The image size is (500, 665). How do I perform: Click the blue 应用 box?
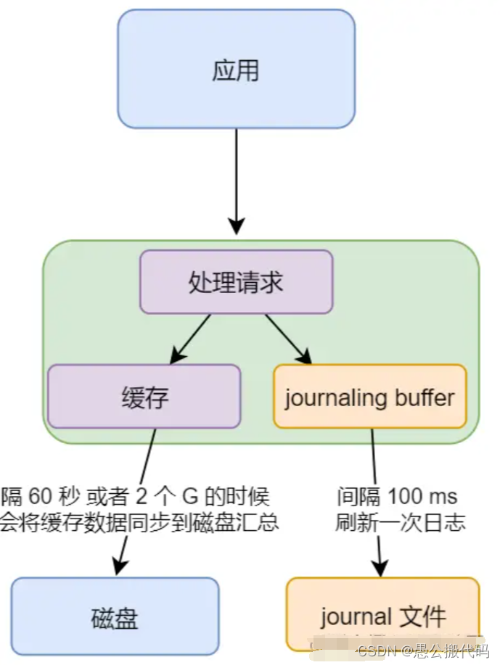pyautogui.click(x=236, y=70)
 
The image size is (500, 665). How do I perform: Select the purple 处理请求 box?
pyautogui.click(x=236, y=282)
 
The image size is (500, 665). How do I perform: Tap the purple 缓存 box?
pyautogui.click(x=144, y=397)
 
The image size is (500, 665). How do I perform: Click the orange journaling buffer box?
pyautogui.click(x=369, y=397)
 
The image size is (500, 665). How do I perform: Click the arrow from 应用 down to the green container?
pyautogui.click(x=237, y=181)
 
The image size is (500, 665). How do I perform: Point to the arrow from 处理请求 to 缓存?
pyautogui.click(x=190, y=338)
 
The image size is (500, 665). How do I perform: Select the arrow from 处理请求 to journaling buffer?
pyautogui.click(x=287, y=338)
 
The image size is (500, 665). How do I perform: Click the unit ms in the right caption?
pyautogui.click(x=444, y=497)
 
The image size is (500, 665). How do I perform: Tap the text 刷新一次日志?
pyautogui.click(x=399, y=522)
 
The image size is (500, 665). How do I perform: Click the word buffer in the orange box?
pyautogui.click(x=425, y=397)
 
